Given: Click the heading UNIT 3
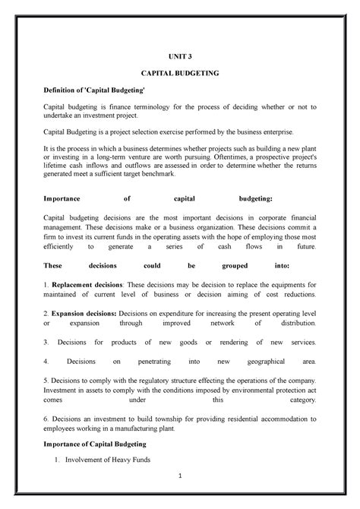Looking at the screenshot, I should [180, 57].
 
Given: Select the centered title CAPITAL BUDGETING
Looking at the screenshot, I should [180, 74].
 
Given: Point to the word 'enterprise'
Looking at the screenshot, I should [268, 131].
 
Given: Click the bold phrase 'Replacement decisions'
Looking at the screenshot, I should [83, 284].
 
